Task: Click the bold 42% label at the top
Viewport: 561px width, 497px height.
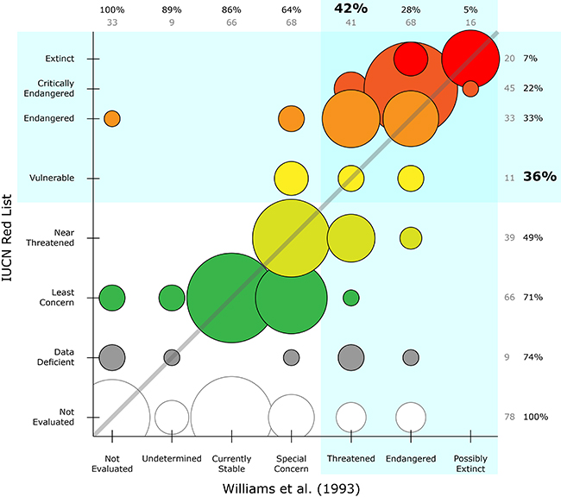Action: click(350, 9)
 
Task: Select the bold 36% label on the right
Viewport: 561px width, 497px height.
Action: click(539, 177)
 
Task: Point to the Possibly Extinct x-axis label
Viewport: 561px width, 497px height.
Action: click(470, 463)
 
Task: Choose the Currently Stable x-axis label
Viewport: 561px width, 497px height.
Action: click(230, 463)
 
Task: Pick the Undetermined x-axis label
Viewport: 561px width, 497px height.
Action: click(172, 458)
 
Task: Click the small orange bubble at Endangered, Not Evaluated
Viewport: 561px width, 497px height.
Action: click(112, 118)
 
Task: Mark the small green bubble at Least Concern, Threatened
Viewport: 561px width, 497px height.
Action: click(350, 297)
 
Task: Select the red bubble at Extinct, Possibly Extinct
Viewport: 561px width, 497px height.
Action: click(470, 58)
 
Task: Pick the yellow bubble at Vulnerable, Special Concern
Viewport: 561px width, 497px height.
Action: click(291, 178)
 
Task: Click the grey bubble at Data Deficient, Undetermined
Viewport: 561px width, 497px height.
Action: click(172, 356)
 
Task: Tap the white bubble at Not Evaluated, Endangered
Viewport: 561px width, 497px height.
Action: click(410, 416)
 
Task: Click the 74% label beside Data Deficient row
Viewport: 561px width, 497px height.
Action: click(532, 356)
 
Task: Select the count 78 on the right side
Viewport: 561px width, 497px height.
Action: click(509, 417)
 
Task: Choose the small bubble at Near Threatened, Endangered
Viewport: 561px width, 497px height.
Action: click(410, 237)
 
